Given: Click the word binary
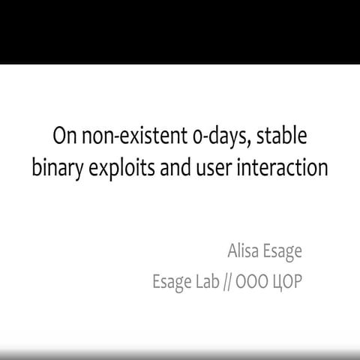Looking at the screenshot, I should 56,168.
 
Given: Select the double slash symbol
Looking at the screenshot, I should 242,282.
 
